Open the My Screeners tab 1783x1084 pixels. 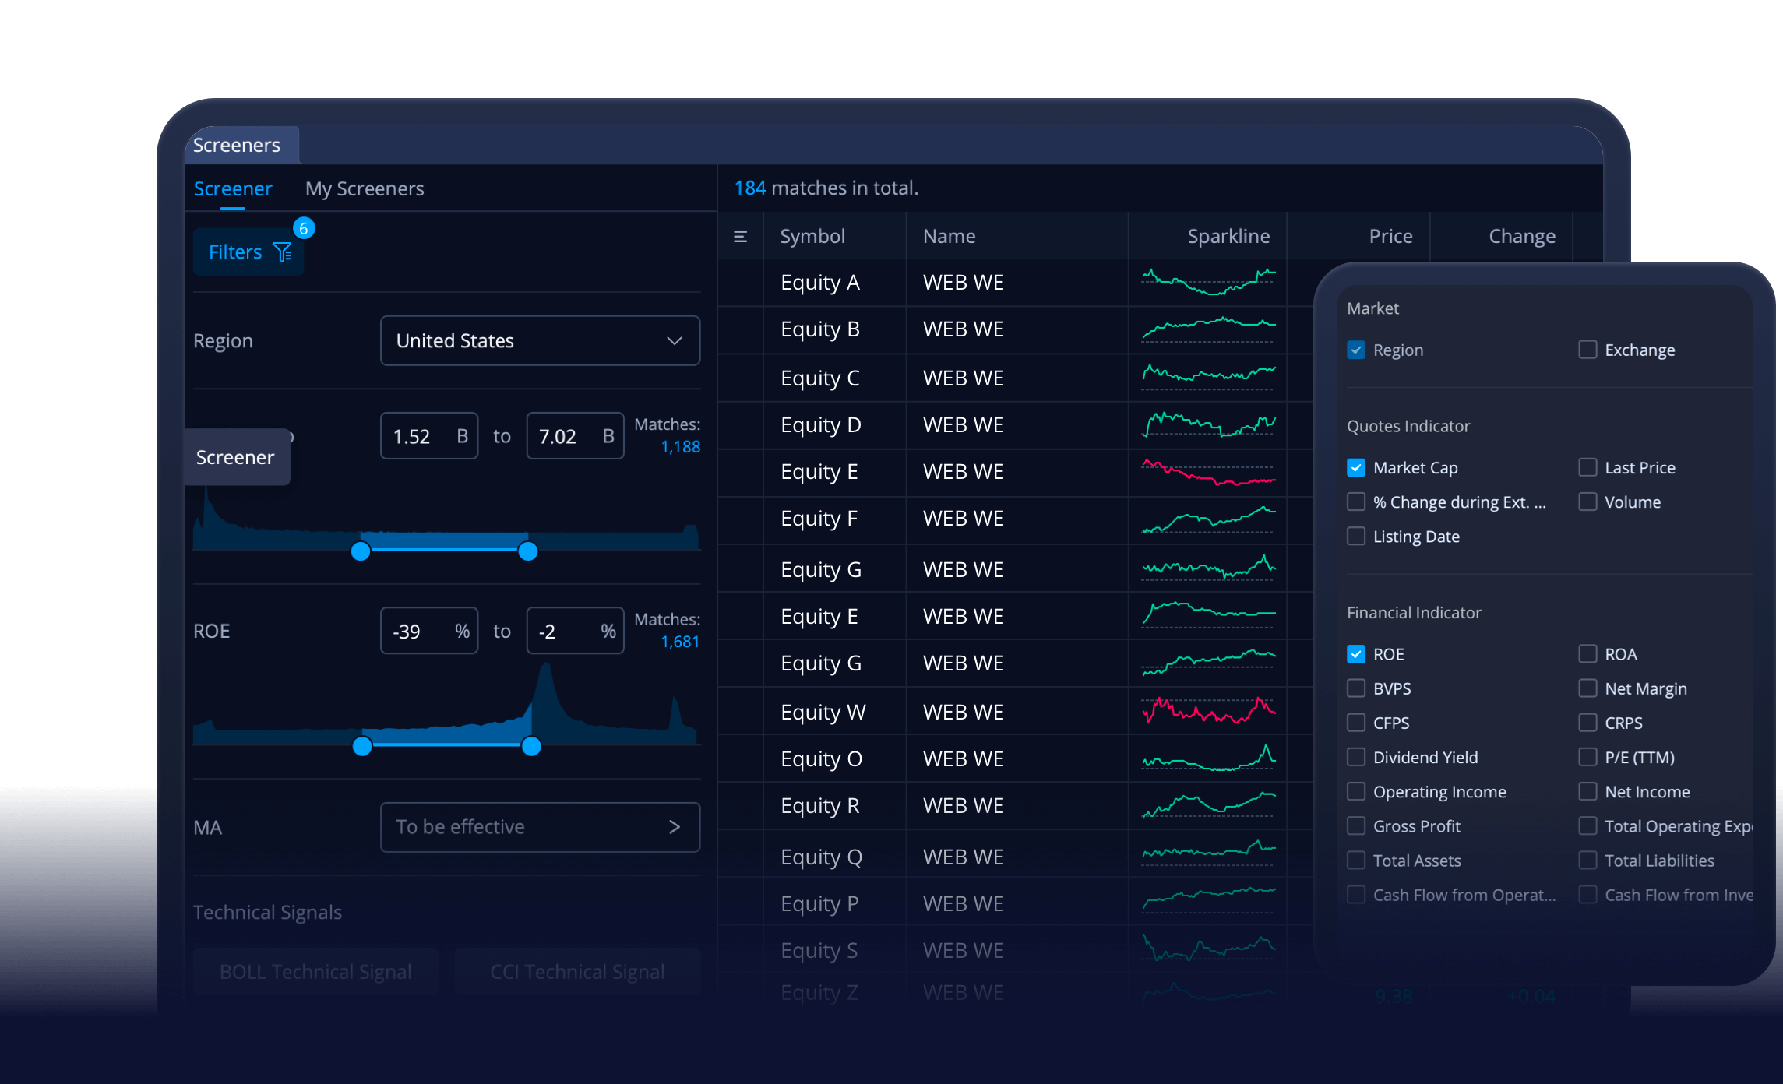coord(365,188)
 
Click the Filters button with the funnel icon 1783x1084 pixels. coord(248,252)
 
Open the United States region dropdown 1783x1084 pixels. coord(540,340)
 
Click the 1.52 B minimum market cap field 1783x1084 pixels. coord(428,436)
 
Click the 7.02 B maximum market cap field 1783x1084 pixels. coord(575,436)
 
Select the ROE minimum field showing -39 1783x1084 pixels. coord(428,631)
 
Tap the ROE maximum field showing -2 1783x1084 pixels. coord(575,631)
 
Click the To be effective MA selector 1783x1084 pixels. coord(540,827)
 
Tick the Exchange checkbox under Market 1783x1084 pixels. coord(1587,350)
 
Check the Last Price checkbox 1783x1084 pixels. coord(1587,467)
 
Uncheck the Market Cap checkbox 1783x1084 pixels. coord(1356,467)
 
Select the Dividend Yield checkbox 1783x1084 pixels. coord(1356,757)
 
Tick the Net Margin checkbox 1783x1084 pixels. coord(1587,688)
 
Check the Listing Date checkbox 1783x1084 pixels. coord(1356,537)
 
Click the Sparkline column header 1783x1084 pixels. coord(1228,236)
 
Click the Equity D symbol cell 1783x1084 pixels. coord(821,425)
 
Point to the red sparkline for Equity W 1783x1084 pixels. coord(1208,711)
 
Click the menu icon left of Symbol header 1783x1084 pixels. coord(740,237)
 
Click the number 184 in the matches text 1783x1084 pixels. coord(750,188)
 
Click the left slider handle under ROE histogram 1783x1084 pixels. coord(362,746)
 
